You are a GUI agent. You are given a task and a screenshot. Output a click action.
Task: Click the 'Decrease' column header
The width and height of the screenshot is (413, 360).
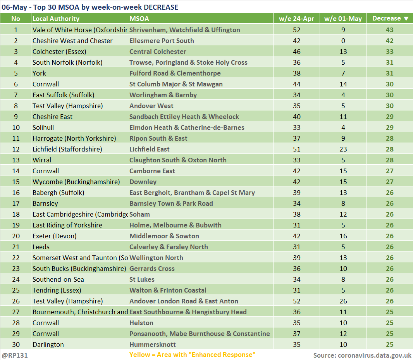(386, 19)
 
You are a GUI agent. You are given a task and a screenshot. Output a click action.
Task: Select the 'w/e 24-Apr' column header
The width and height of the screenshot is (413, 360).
(297, 19)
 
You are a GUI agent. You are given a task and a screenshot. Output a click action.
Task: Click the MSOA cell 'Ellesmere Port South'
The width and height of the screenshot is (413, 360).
(162, 41)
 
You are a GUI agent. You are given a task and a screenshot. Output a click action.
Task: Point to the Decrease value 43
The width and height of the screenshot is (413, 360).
(389, 30)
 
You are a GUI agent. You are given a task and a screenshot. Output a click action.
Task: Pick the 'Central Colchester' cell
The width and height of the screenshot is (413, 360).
(158, 52)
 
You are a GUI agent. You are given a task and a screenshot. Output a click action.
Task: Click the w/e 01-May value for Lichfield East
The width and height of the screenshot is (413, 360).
(343, 150)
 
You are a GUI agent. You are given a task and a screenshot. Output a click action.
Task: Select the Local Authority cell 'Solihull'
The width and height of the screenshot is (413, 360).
(43, 127)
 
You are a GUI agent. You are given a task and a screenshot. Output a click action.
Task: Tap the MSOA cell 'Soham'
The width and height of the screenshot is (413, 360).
(139, 215)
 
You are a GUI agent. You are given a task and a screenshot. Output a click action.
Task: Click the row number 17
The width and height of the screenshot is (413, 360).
(16, 204)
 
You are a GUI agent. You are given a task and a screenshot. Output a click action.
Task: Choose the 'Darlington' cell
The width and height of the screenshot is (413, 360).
(48, 345)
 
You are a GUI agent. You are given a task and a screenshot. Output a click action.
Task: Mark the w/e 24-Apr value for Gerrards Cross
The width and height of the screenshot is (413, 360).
(297, 269)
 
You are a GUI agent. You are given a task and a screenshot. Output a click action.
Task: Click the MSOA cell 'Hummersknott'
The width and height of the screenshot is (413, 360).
(153, 345)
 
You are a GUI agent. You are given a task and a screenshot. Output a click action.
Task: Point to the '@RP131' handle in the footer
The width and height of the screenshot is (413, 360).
(14, 355)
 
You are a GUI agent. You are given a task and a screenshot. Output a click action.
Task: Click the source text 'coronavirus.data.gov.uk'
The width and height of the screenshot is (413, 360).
(375, 355)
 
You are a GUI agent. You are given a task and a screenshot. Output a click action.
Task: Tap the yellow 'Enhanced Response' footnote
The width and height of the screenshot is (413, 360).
(192, 355)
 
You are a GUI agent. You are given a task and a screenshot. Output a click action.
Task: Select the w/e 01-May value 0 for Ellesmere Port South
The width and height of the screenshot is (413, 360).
(343, 41)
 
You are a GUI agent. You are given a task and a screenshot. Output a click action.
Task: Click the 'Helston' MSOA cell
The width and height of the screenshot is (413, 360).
(141, 323)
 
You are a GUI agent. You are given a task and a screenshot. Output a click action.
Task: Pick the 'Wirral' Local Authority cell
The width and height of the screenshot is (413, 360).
(42, 160)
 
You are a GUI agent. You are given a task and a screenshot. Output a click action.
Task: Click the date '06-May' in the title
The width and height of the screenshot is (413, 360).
(14, 7)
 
